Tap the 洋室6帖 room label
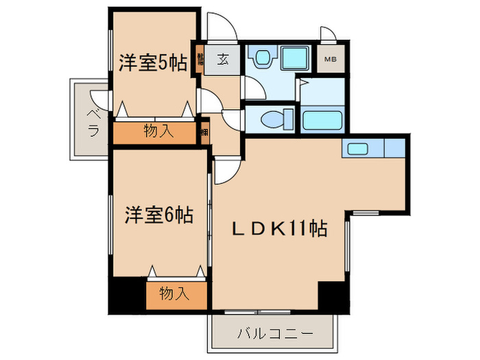point(158,215)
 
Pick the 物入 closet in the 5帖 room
point(158,132)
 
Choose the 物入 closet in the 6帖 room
point(174,294)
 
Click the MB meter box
point(331,60)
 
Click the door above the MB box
point(327,34)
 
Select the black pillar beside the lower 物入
point(128,295)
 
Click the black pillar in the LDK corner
point(333,296)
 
